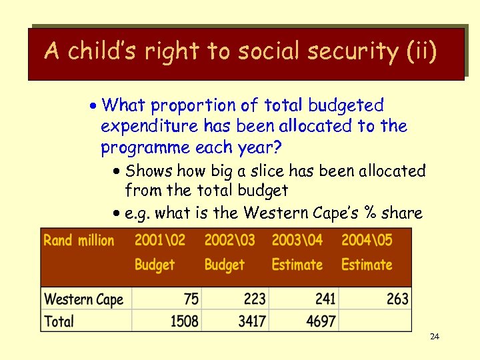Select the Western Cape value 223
(x=254, y=299)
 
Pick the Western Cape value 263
(x=397, y=299)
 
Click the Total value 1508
(x=184, y=321)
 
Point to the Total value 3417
(x=252, y=321)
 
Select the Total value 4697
(x=321, y=321)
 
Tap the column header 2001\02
(x=160, y=240)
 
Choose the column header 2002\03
(x=229, y=240)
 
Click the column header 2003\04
(x=297, y=240)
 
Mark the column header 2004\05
(x=367, y=240)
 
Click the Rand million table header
(x=79, y=240)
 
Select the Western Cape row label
(x=83, y=299)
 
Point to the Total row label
(x=59, y=321)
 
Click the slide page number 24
(x=434, y=337)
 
